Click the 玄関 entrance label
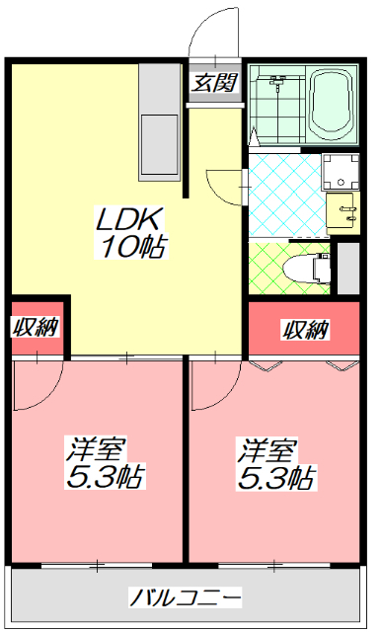[x=214, y=82]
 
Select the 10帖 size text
[x=131, y=247]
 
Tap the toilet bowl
[x=305, y=268]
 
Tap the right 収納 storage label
[x=305, y=329]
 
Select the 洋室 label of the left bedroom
[x=95, y=449]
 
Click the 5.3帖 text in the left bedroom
[x=105, y=479]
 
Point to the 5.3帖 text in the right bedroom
[x=276, y=479]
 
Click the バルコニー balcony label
[x=187, y=598]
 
